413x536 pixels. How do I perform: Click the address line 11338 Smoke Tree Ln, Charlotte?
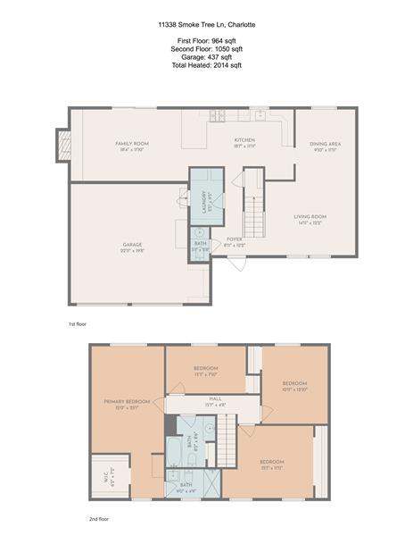tap(205, 26)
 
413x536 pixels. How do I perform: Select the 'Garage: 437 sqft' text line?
tap(205, 57)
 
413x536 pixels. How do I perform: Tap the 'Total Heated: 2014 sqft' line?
tap(205, 65)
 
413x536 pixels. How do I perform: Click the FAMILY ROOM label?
tap(131, 144)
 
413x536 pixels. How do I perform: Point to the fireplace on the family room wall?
tap(63, 146)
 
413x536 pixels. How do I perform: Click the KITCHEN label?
tap(244, 141)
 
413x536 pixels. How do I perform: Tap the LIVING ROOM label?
tap(310, 217)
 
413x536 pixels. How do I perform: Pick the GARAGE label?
tap(132, 245)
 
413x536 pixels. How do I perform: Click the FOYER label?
tap(235, 239)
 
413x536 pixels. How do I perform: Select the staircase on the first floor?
tap(255, 215)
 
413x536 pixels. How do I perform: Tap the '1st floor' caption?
tap(78, 323)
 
